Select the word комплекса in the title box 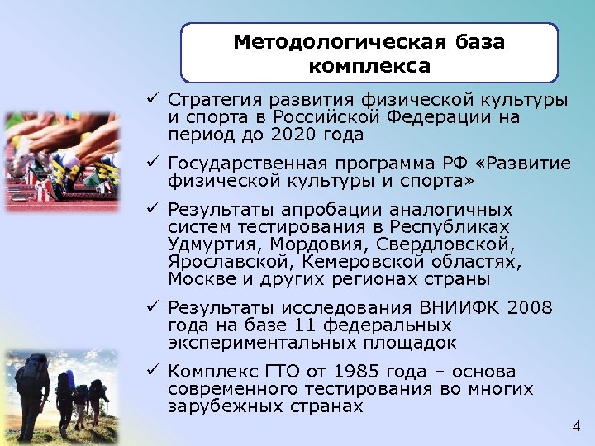pyautogui.click(x=369, y=64)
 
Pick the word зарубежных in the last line pyautogui.click(x=214, y=406)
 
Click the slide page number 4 pyautogui.click(x=576, y=426)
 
